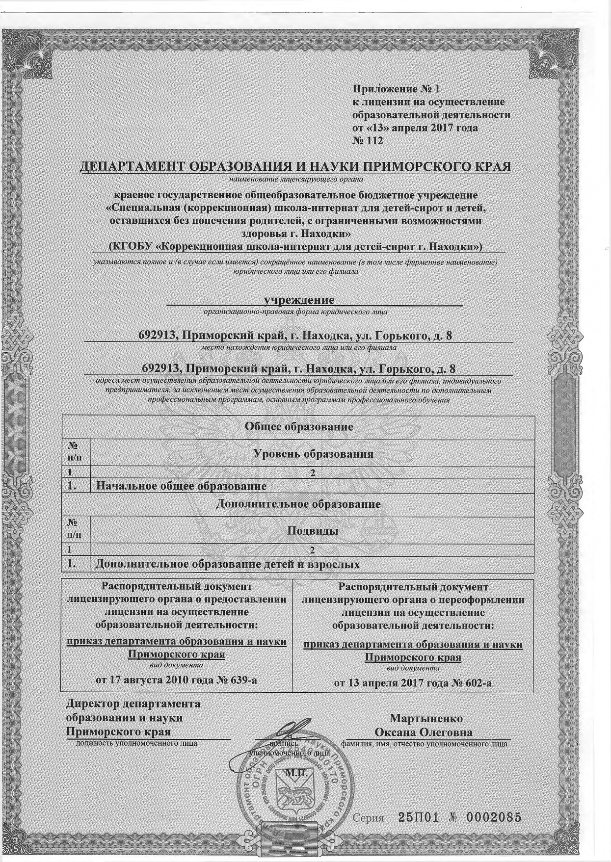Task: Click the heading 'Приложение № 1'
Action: pos(397,89)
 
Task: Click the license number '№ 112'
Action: pos(367,141)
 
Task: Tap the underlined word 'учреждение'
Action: pos(299,300)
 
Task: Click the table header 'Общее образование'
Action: pos(299,426)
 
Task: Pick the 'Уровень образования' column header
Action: pos(314,454)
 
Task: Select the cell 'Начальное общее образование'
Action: pos(181,486)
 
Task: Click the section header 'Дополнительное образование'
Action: pos(298,504)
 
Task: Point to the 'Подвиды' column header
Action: pos(313,531)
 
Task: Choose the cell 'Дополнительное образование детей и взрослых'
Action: pos(227,564)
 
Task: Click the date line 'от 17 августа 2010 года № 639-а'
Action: pos(176,680)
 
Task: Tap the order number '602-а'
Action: pos(476,683)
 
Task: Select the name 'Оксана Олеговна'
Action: pos(423,732)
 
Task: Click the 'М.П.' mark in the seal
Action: pos(296,774)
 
